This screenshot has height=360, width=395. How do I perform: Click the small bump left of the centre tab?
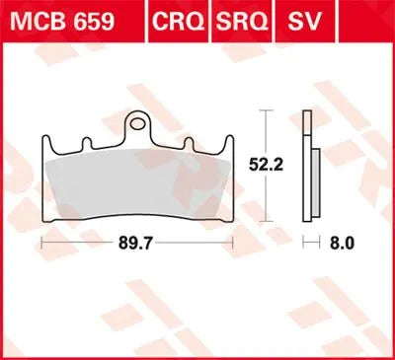[x=87, y=139]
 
